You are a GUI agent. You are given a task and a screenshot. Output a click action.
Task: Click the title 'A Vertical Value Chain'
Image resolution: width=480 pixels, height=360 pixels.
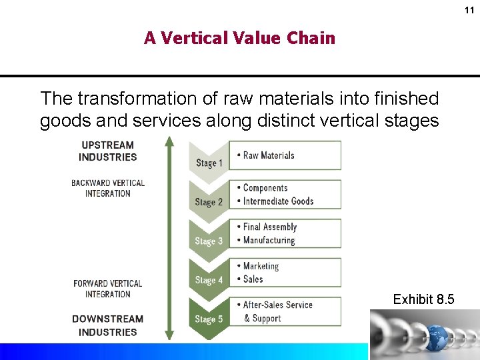pos(239,38)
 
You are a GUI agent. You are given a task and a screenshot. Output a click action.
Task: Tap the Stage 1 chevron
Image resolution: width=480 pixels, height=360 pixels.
pos(209,162)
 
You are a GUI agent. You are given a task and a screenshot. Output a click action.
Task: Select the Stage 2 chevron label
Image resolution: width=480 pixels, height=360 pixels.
pos(209,201)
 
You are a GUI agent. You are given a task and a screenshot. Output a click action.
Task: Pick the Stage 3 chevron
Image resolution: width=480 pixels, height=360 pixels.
pos(209,241)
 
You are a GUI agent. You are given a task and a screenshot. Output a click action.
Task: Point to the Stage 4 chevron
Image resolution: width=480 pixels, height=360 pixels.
pos(209,280)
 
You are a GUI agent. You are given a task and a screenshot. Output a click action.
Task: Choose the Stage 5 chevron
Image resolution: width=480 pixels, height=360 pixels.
pos(209,319)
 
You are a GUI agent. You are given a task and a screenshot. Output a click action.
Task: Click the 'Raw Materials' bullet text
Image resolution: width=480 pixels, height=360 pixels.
pos(269,155)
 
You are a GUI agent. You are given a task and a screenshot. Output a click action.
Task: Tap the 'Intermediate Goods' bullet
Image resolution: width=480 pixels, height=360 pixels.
pos(278,201)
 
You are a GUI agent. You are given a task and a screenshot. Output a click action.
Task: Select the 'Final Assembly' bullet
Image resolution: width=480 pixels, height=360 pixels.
pos(269,227)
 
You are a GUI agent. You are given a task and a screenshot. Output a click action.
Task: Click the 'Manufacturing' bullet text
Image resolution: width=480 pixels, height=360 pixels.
pos(269,240)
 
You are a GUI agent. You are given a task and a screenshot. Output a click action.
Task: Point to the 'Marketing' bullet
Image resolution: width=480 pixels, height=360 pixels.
pos(261,266)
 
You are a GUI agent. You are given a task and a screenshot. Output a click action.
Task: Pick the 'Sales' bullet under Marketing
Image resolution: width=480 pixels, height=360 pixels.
pos(253,279)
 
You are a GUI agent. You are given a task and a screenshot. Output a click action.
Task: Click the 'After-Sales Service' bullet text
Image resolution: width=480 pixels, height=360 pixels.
pos(277,305)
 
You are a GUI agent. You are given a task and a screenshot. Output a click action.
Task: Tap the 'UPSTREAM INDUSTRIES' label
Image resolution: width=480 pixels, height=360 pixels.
pos(107,151)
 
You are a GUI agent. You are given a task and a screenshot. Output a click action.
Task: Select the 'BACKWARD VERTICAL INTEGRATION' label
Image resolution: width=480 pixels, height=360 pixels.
pos(107,188)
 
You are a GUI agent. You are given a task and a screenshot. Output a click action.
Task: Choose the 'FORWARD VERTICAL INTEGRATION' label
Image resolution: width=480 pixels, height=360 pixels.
pos(107,289)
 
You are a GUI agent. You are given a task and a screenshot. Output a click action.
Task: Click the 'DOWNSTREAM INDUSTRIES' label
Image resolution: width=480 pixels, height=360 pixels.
pos(107,325)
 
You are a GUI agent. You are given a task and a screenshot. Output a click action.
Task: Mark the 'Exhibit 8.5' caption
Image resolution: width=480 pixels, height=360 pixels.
pos(423,299)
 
